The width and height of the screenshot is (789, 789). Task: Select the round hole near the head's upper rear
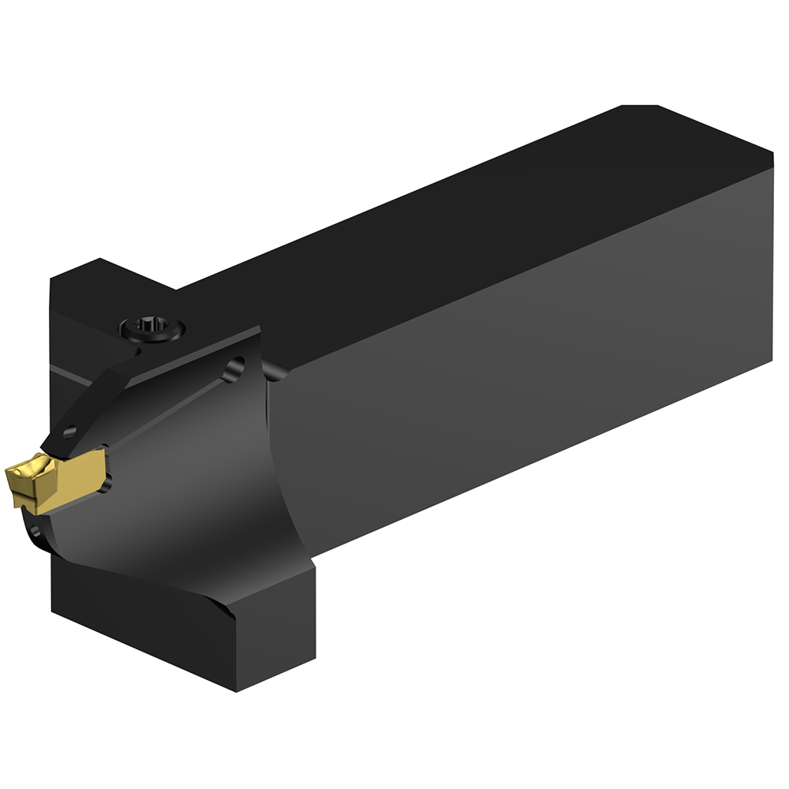pos(233,368)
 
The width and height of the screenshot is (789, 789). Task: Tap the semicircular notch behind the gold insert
pos(106,479)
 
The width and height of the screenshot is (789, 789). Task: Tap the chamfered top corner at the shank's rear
pos(639,107)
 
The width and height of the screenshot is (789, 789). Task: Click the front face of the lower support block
pos(142,631)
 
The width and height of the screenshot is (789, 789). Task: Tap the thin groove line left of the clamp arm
pos(67,373)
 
